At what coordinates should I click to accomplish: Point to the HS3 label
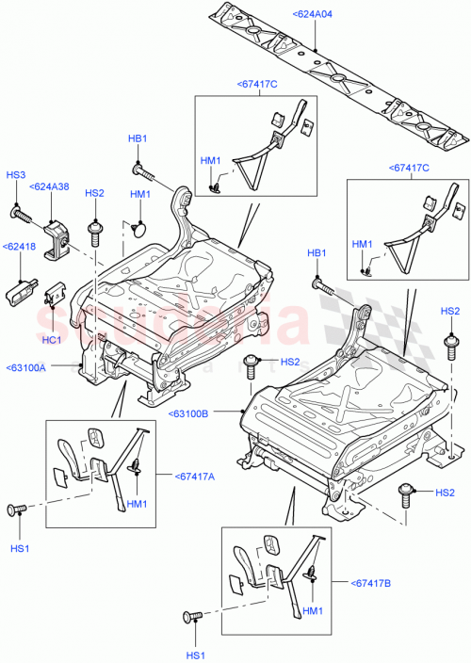[16, 175]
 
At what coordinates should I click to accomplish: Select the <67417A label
[194, 476]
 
